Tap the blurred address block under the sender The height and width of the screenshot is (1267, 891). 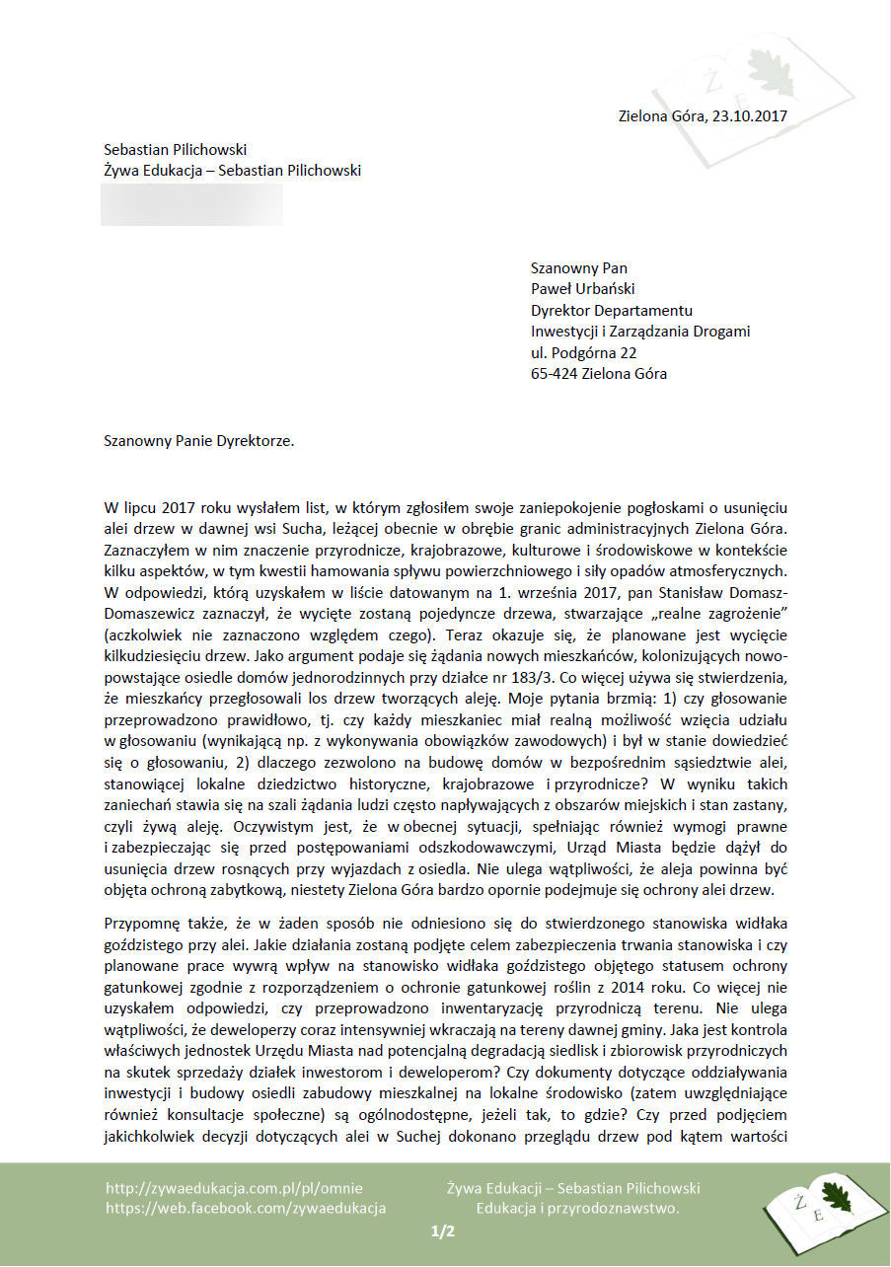pos(191,204)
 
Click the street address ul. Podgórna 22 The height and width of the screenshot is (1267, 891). pos(583,352)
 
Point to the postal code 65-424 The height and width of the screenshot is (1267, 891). pos(555,374)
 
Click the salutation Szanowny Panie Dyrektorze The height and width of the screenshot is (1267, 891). pos(199,441)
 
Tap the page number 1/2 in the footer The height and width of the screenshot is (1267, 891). pos(443,1231)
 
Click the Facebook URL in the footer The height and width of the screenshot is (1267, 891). pos(246,1208)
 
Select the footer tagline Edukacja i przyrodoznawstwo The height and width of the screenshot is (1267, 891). pos(577,1208)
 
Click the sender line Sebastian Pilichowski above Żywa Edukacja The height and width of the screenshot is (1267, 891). pos(175,150)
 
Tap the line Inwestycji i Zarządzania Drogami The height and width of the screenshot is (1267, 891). pos(639,332)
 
